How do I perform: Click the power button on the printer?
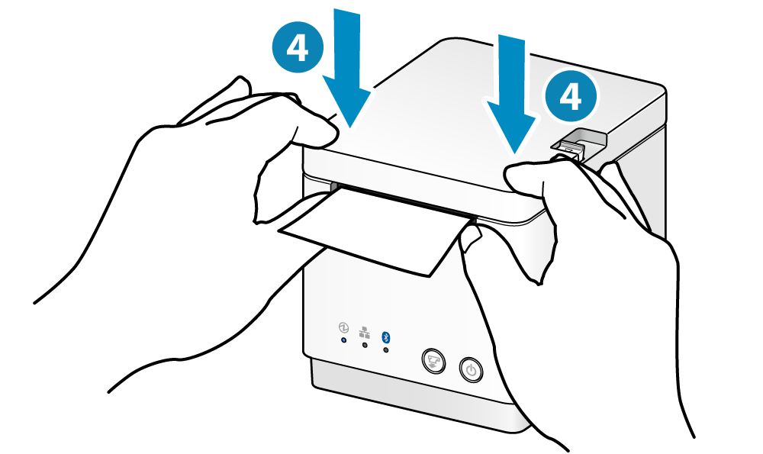pyautogui.click(x=471, y=371)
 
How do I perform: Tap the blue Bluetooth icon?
pyautogui.click(x=386, y=336)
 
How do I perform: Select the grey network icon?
pyautogui.click(x=364, y=333)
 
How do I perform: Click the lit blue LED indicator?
pyautogui.click(x=343, y=340)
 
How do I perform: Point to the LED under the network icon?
pyautogui.click(x=365, y=345)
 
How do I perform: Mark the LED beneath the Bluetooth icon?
pyautogui.click(x=386, y=349)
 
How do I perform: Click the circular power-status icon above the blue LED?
pyautogui.click(x=343, y=327)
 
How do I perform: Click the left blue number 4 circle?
pyautogui.click(x=298, y=47)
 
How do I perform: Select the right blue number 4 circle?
pyautogui.click(x=570, y=97)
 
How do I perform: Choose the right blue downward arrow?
pyautogui.click(x=512, y=92)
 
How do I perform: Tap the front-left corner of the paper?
pyautogui.click(x=278, y=231)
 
